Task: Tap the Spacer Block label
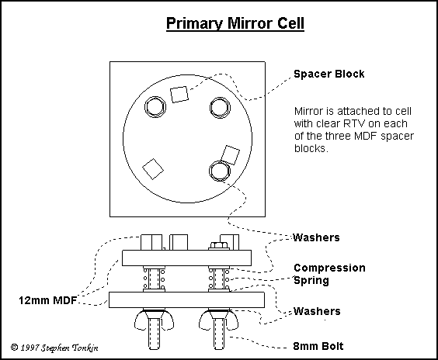coord(328,74)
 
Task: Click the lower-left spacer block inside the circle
coord(152,167)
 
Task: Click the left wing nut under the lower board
coord(152,319)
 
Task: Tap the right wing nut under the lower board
coord(218,319)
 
